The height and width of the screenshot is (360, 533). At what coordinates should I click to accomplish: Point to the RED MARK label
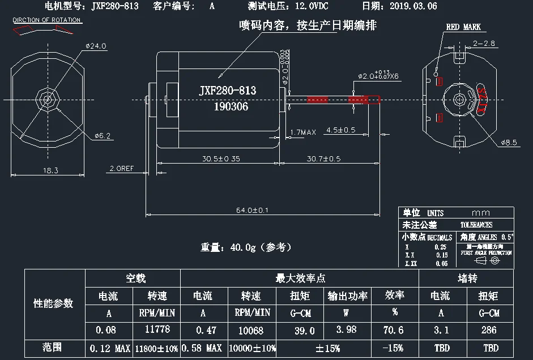pos(463,27)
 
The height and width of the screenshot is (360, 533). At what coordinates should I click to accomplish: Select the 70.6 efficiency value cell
pos(394,329)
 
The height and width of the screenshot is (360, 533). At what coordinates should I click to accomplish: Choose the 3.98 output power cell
pos(347,329)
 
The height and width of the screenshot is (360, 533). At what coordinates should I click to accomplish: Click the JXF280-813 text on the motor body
pos(228,91)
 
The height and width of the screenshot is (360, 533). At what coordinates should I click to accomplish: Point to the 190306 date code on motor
pos(231,106)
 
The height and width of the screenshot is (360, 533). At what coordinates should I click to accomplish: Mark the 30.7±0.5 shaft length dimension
pos(323,159)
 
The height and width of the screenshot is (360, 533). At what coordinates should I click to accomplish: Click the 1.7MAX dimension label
pos(302,132)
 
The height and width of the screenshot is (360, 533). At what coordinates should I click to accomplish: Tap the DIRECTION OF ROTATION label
pos(46,20)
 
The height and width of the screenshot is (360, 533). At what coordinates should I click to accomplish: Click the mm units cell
pos(484,213)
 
